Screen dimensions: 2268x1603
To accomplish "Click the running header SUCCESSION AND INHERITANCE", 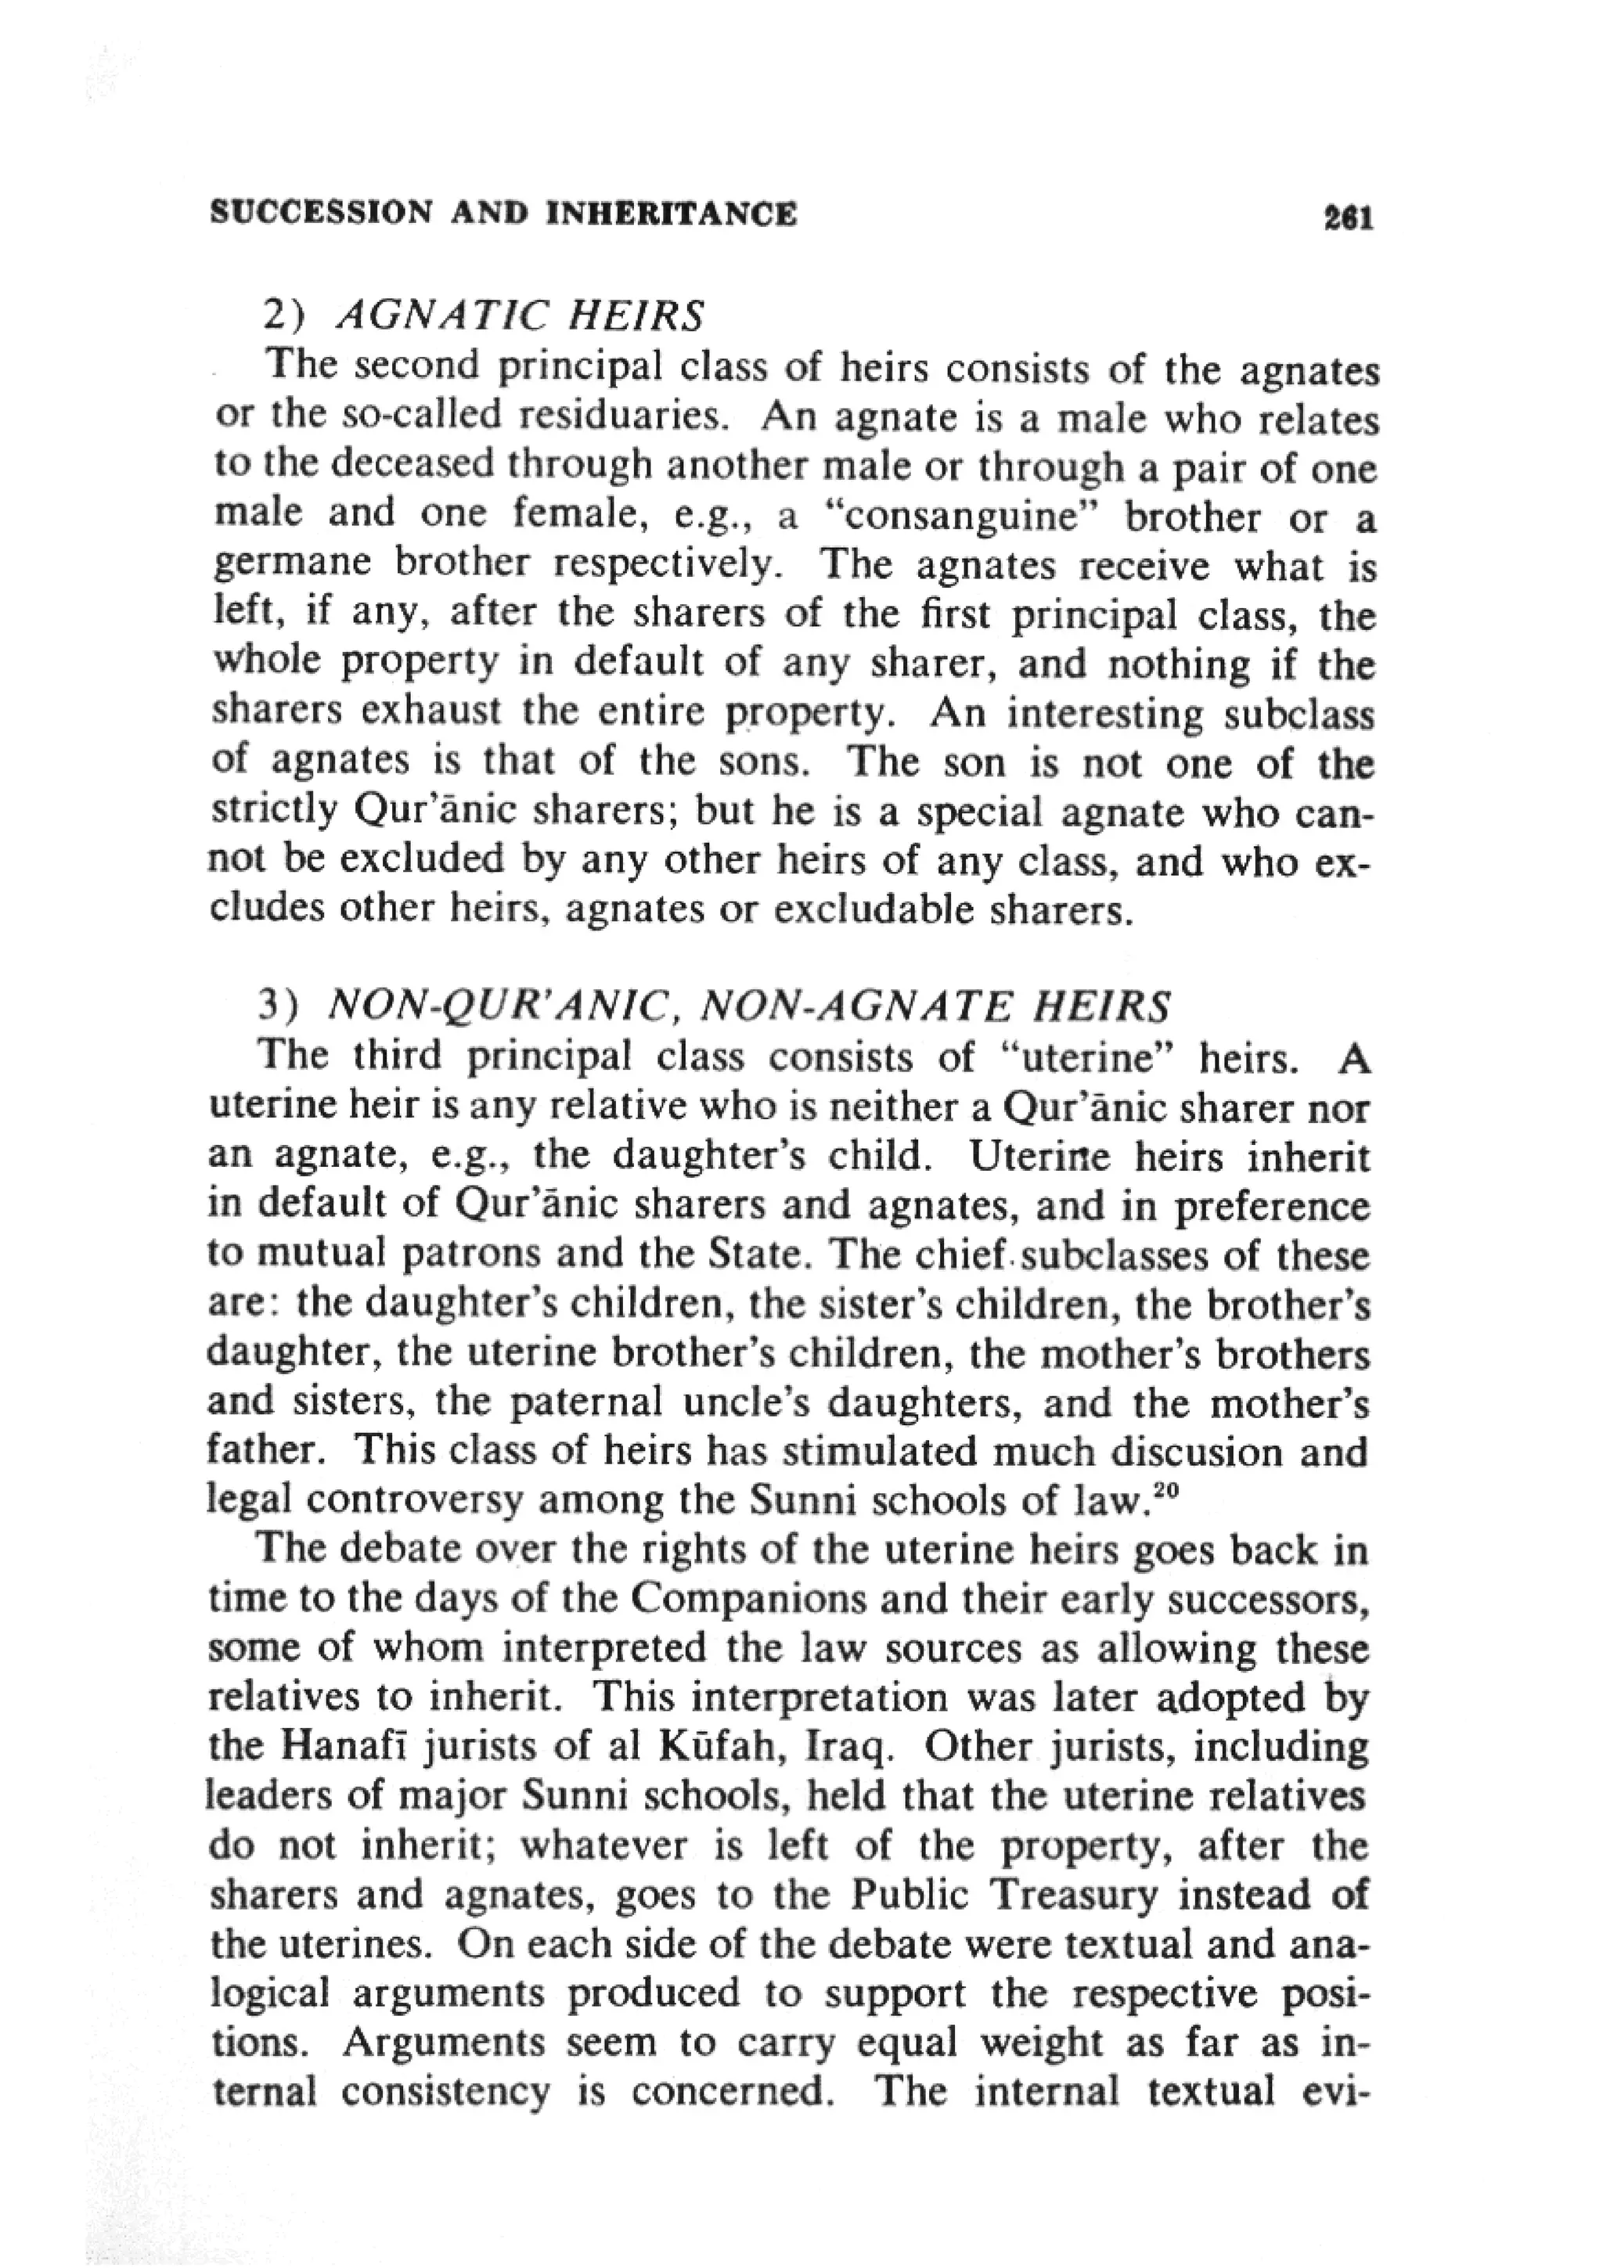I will [x=504, y=214].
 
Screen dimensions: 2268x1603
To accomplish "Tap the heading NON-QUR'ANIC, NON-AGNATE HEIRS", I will [x=747, y=1006].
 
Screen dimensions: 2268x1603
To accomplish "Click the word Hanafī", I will [x=348, y=1748].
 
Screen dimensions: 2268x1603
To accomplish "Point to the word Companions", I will [x=747, y=1599].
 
